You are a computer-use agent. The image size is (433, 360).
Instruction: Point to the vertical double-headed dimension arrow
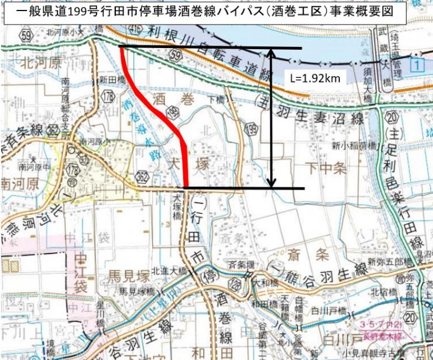271,117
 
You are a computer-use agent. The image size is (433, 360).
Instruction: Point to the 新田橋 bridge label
108,80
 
